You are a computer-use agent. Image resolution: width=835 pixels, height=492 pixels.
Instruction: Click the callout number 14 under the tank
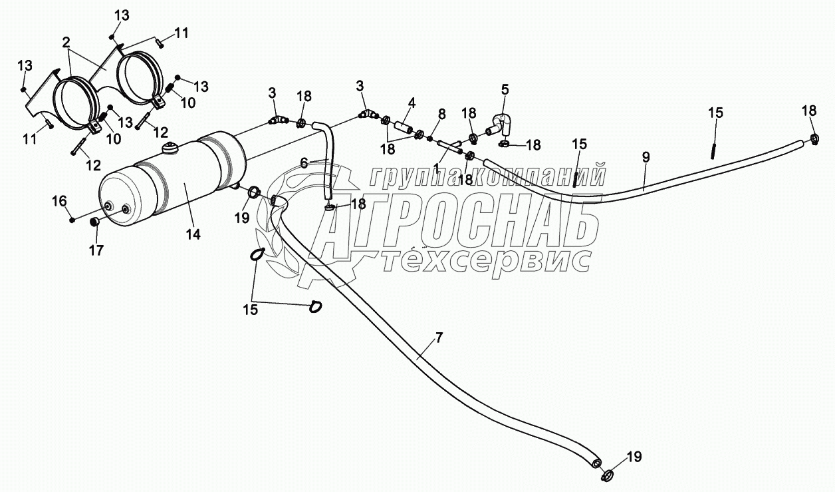194,234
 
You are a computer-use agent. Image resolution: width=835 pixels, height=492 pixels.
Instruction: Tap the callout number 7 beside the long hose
438,338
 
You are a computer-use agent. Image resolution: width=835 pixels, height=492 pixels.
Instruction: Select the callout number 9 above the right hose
646,157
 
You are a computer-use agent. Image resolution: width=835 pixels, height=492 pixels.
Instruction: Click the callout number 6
304,162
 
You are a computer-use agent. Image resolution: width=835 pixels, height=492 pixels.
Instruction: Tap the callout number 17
97,250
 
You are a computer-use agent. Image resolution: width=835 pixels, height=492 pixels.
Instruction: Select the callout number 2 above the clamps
66,42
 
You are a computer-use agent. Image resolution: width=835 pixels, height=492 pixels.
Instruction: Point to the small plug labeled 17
95,222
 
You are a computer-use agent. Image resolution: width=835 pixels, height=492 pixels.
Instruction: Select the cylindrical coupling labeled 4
402,126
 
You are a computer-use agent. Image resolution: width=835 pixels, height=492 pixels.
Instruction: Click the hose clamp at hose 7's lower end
606,474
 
